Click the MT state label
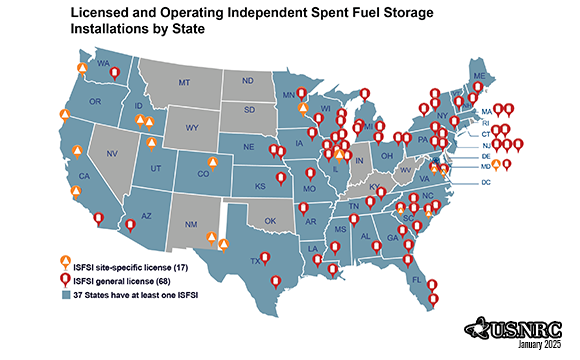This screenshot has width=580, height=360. [x=184, y=83]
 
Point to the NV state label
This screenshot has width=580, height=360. [x=112, y=155]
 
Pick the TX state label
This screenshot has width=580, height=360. [x=255, y=260]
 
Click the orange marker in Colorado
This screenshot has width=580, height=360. [x=212, y=162]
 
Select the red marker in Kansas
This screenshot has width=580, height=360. [x=280, y=180]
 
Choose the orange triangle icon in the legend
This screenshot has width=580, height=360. [x=65, y=266]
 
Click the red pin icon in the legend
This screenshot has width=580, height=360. [x=65, y=281]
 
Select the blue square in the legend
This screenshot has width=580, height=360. [x=65, y=296]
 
